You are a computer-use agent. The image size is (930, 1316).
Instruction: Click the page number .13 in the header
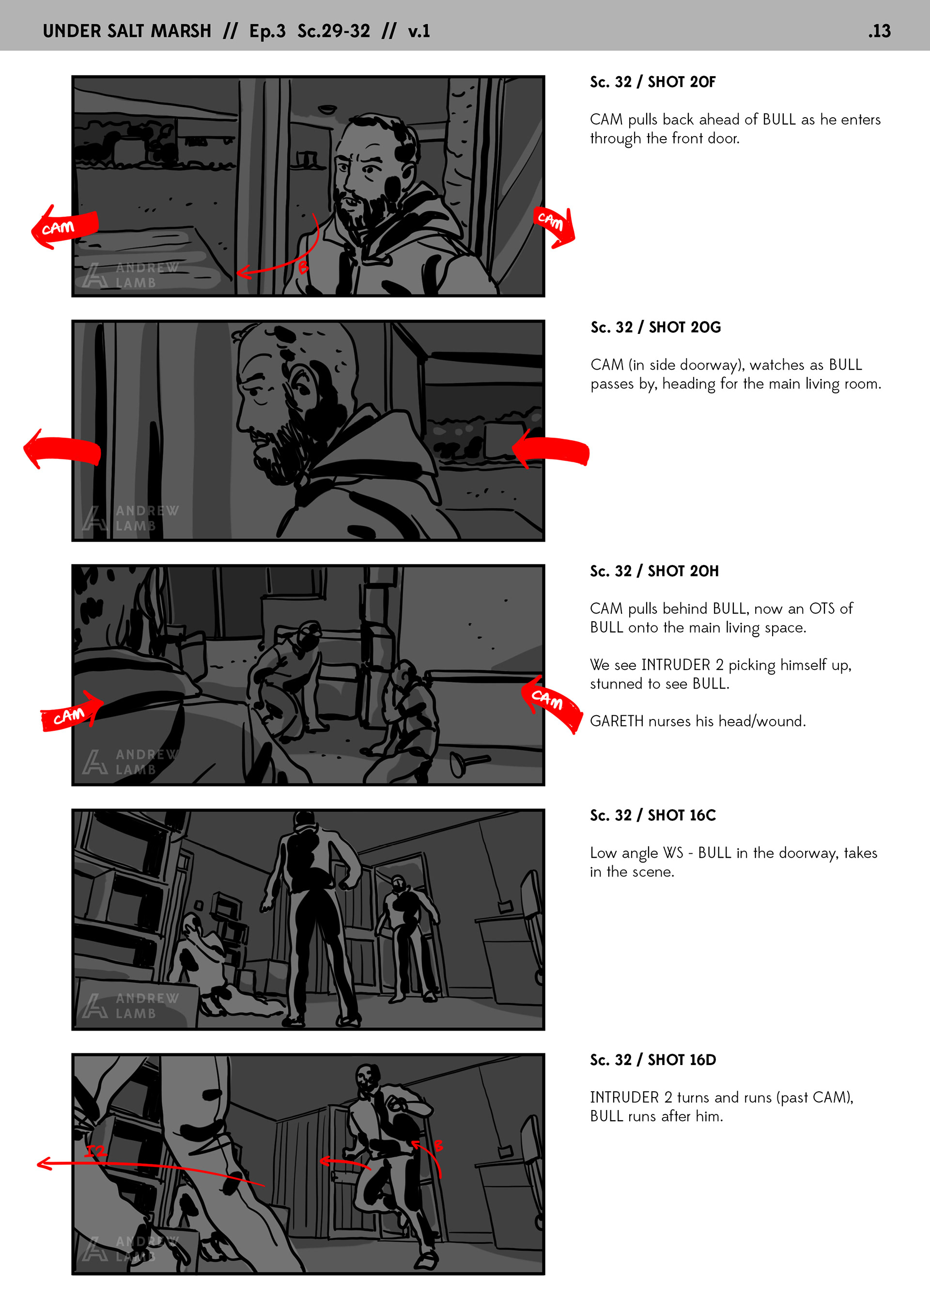(x=879, y=31)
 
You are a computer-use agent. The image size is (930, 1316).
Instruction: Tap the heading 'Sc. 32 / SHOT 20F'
(x=652, y=82)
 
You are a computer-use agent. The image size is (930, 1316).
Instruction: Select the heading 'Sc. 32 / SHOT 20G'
(x=655, y=327)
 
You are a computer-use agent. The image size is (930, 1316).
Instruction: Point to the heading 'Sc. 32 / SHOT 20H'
(x=654, y=571)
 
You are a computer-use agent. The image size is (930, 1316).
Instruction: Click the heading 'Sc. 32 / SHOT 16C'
(x=652, y=815)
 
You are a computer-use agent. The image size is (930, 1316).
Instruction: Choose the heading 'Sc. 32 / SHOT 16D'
(x=652, y=1060)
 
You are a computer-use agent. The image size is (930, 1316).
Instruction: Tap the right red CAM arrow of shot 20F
(x=554, y=225)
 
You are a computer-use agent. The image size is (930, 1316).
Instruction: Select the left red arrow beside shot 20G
(x=62, y=449)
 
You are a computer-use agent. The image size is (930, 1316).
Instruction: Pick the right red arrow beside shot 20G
(x=550, y=449)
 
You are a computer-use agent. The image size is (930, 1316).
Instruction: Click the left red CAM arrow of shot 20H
(x=72, y=711)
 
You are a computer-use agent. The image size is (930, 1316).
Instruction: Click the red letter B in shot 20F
(x=303, y=266)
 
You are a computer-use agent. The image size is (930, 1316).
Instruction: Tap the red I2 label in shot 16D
(x=96, y=1150)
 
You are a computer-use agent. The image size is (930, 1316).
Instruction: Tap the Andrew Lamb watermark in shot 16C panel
(x=130, y=1005)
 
